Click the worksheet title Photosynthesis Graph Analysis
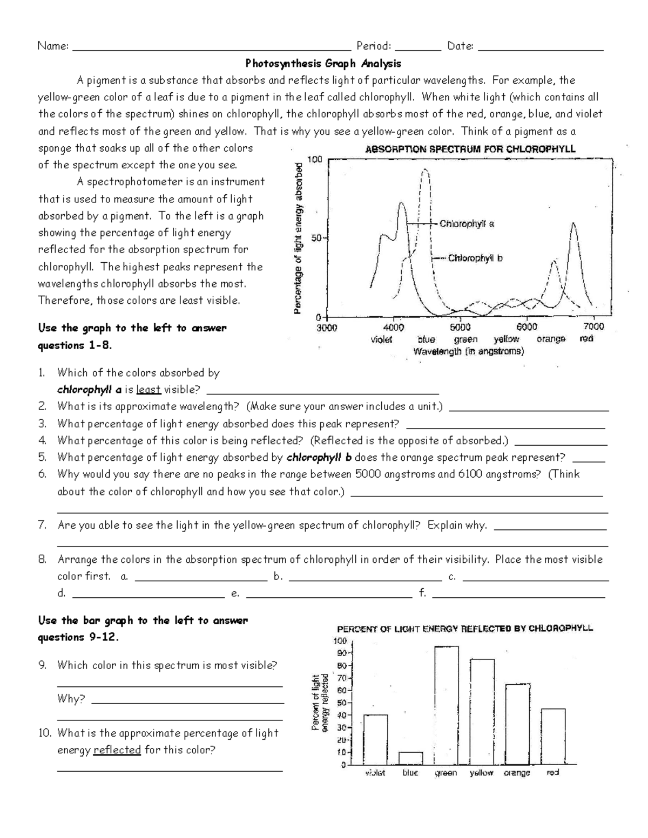323,64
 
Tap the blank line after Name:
211,47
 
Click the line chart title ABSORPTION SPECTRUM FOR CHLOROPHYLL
470,149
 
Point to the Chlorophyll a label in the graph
467,224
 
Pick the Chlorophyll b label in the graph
475,258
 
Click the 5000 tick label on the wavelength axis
460,327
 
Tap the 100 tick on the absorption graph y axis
315,159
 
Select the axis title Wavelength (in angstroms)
468,352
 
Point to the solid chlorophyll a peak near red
573,224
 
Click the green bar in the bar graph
447,705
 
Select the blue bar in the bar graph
410,758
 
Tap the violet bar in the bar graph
375,740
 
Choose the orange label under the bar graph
517,773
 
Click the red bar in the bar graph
553,737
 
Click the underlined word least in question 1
148,390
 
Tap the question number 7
42,525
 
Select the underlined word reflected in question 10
117,750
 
